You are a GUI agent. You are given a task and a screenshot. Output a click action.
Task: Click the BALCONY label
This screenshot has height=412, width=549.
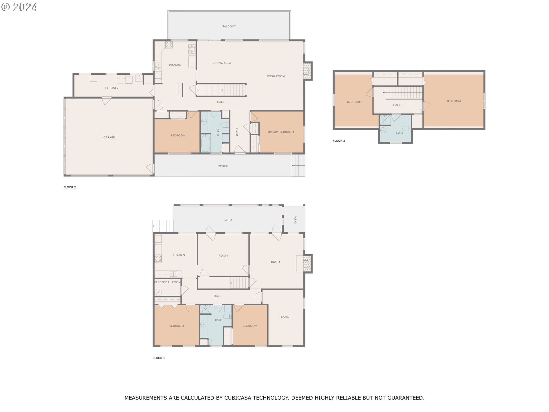coord(229,26)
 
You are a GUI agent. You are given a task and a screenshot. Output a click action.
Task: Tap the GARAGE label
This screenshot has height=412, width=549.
coord(109,137)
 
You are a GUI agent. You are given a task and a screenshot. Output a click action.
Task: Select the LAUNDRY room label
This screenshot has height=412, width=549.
coord(112,88)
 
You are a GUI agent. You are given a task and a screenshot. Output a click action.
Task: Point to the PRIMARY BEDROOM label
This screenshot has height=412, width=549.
coord(280,132)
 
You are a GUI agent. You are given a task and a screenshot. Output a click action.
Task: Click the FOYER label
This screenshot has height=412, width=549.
coord(237,131)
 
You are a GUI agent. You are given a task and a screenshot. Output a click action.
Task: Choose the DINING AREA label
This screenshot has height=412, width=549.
coord(222,63)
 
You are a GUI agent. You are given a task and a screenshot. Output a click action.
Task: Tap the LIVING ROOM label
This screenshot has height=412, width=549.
coord(275,76)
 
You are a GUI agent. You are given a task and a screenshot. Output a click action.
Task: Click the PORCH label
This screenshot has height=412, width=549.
coord(223,166)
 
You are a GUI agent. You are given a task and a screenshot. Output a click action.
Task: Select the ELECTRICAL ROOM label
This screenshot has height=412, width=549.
coord(168,282)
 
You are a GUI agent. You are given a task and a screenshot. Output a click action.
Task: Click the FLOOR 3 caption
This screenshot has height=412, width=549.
coord(339,141)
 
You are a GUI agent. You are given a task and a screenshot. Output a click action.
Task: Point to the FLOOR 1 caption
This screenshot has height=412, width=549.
coord(159,358)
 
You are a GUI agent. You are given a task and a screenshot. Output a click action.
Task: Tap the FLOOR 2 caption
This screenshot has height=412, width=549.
coord(70,187)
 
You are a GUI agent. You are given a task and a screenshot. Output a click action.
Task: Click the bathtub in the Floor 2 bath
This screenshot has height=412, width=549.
coord(206,143)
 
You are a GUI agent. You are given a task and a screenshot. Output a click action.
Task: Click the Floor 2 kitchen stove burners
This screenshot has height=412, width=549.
coord(169,45)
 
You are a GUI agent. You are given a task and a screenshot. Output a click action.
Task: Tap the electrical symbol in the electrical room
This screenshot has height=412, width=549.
coord(158,292)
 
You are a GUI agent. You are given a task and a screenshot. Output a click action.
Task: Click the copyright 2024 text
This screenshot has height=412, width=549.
coord(19,7)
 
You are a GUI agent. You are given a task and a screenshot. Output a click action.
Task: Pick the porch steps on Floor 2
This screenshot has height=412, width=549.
coord(299,165)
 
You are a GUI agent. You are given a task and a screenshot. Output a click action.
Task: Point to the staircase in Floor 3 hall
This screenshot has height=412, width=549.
coord(403,93)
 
